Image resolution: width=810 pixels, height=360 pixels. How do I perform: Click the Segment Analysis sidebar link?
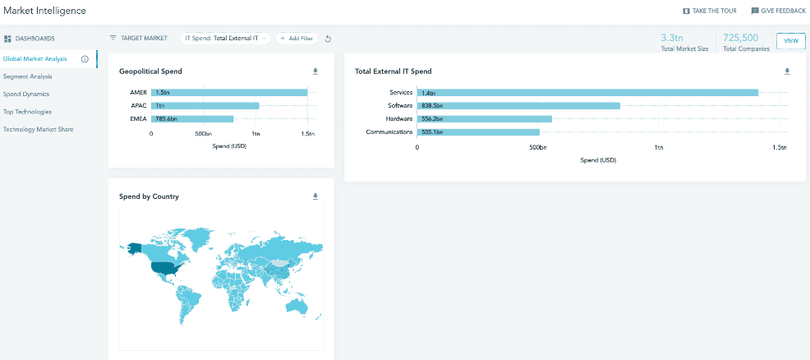click(x=27, y=76)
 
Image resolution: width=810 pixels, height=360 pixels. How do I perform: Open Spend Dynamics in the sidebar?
click(x=26, y=94)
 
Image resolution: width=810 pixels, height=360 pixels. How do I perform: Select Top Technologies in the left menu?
click(x=27, y=112)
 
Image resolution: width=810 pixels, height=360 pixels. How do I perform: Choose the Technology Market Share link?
click(x=39, y=129)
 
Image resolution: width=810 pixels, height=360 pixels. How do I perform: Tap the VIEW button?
click(x=790, y=40)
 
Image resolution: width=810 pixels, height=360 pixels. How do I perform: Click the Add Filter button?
click(x=297, y=39)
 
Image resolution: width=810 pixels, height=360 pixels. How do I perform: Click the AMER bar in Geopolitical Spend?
click(x=229, y=92)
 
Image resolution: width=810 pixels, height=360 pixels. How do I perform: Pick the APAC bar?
click(x=205, y=105)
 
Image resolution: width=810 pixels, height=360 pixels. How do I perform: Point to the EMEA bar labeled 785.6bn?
click(x=192, y=118)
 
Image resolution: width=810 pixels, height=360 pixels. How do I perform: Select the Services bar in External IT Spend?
click(x=587, y=93)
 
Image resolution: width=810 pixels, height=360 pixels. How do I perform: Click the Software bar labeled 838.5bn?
click(x=518, y=106)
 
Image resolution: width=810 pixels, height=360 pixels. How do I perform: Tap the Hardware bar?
click(x=485, y=119)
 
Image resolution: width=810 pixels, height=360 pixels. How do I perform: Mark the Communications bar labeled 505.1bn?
click(x=478, y=132)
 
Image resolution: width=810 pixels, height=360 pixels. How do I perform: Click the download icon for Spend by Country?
click(x=315, y=196)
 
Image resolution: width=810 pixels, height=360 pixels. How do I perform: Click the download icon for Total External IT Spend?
click(x=787, y=72)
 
